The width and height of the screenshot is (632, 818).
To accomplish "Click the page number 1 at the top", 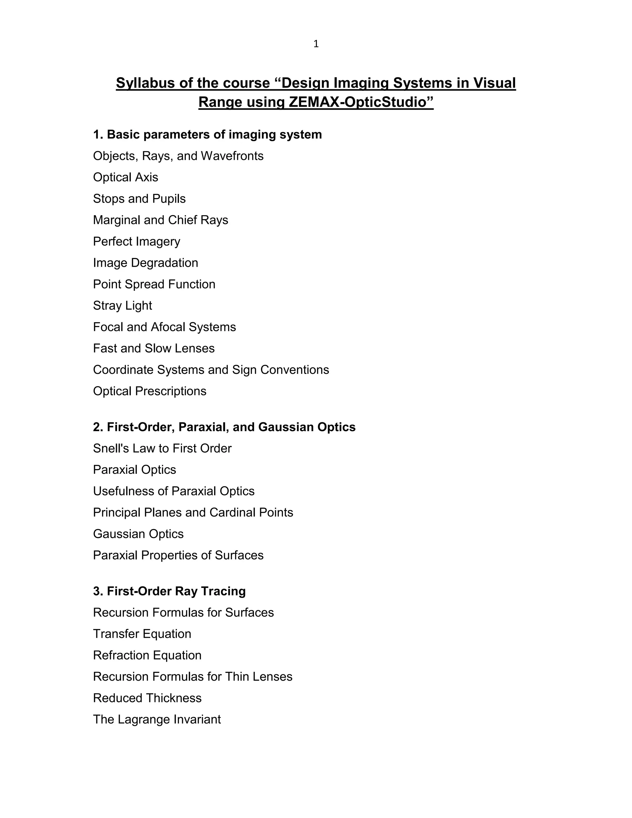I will pyautogui.click(x=316, y=44).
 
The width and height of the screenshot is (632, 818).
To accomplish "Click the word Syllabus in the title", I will pyautogui.click(x=146, y=83).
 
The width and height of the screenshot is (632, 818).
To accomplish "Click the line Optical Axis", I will pyautogui.click(x=125, y=177).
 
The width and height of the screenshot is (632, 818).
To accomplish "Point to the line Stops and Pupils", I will pyautogui.click(x=139, y=198).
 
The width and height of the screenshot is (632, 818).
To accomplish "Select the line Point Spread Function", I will pyautogui.click(x=154, y=284).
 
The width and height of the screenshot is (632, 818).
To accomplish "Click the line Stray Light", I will pyautogui.click(x=123, y=306).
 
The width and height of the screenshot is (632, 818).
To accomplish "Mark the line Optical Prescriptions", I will pyautogui.click(x=150, y=391).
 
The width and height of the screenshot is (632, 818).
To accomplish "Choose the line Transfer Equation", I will pyautogui.click(x=142, y=634).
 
